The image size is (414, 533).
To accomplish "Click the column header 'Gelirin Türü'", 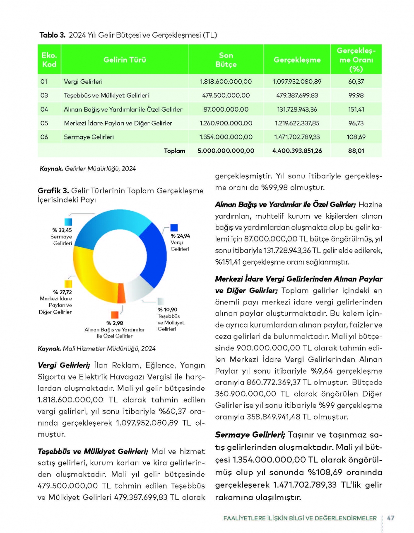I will pos(125,60).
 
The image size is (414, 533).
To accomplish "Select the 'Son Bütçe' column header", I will pos(226,60).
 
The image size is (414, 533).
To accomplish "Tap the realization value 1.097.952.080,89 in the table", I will pos(297,82).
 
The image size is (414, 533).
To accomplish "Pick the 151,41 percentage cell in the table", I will pos(356,110).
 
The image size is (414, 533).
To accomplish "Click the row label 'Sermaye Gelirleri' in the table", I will pos(89,137).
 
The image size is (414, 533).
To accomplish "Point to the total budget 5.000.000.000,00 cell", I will pos(226,151).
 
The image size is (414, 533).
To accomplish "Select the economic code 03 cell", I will pos(44,95).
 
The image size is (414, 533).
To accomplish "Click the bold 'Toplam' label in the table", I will pos(174,151).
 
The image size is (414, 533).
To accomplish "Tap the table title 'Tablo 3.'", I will pos(52,35).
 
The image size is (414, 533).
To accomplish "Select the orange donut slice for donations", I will pos(122,293).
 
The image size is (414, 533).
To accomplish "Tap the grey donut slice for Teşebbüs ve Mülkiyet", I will pos(140,288).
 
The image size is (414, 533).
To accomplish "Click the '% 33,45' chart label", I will pos(62,230).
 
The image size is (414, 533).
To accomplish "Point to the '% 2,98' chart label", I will pos(115,323).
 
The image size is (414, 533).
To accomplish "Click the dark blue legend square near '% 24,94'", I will pos(174,228).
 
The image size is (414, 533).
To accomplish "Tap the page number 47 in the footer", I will pos(390,518).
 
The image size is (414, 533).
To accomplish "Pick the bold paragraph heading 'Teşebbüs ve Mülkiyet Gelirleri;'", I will pos(93,451).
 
